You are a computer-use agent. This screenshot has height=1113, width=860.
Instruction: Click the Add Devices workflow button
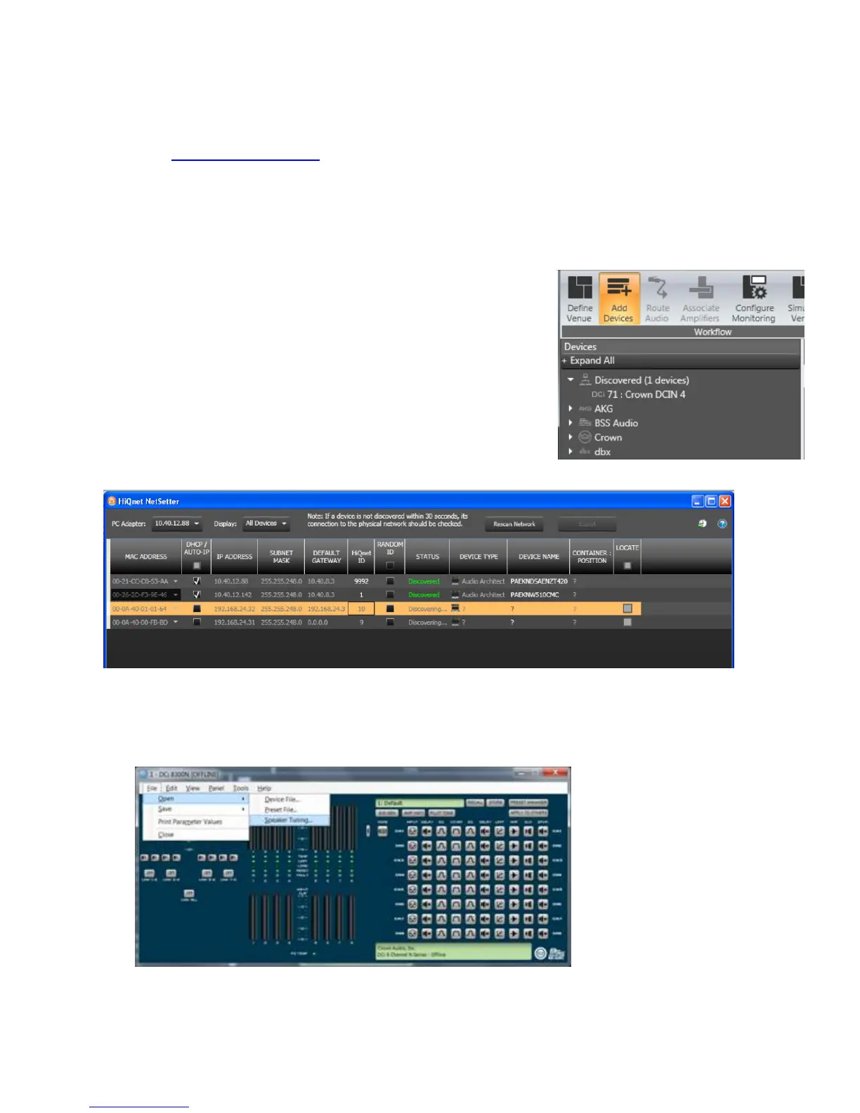[x=618, y=299]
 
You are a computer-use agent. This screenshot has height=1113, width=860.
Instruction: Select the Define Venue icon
[x=580, y=299]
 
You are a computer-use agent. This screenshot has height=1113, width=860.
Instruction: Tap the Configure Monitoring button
[x=754, y=299]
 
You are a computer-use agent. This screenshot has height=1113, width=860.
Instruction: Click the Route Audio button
[x=657, y=299]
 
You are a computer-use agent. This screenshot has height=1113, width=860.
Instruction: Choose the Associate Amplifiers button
[x=700, y=299]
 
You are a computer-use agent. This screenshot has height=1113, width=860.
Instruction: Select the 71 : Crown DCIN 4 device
[x=646, y=394]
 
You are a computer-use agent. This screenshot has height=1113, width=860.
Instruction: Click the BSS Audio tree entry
[x=615, y=423]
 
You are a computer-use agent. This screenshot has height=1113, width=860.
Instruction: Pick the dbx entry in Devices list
[x=602, y=452]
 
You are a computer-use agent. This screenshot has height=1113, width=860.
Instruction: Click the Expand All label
[x=592, y=360]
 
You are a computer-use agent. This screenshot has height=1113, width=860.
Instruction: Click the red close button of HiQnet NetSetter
[x=724, y=501]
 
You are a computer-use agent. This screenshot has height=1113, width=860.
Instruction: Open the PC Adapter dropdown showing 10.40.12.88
[x=177, y=523]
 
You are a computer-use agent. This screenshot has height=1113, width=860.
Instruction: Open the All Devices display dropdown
[x=266, y=523]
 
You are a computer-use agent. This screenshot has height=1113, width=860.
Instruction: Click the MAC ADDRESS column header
[x=145, y=556]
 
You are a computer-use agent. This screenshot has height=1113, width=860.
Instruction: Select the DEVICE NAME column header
[x=539, y=556]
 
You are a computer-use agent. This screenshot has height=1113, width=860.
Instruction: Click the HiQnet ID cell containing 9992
[x=361, y=581]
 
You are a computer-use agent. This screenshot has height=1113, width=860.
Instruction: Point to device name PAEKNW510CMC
[x=535, y=594]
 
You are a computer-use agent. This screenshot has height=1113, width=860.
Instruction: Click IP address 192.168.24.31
[x=234, y=623]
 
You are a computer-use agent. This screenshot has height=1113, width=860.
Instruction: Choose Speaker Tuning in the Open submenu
[x=287, y=820]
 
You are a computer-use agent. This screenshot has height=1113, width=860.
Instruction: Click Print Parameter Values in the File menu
[x=190, y=821]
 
